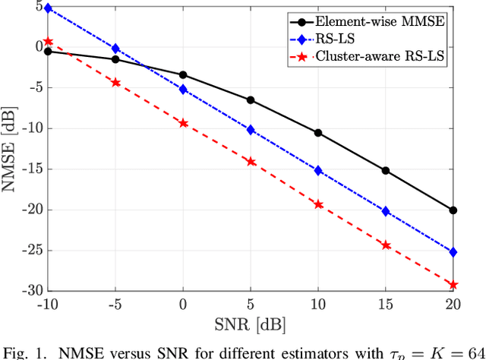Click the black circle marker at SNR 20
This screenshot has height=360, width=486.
click(453, 210)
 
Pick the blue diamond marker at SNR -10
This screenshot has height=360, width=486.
click(48, 8)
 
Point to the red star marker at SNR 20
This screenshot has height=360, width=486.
click(453, 285)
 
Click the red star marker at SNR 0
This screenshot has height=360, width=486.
click(183, 123)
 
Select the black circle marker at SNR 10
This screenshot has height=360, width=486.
click(318, 133)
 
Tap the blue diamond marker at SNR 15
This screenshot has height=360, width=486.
click(386, 211)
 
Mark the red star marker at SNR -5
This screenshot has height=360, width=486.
click(115, 82)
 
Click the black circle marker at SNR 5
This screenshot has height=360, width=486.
click(251, 100)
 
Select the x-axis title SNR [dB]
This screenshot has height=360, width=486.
click(251, 324)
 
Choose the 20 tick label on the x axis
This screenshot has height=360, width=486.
click(453, 305)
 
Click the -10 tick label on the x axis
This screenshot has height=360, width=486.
click(46, 305)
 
